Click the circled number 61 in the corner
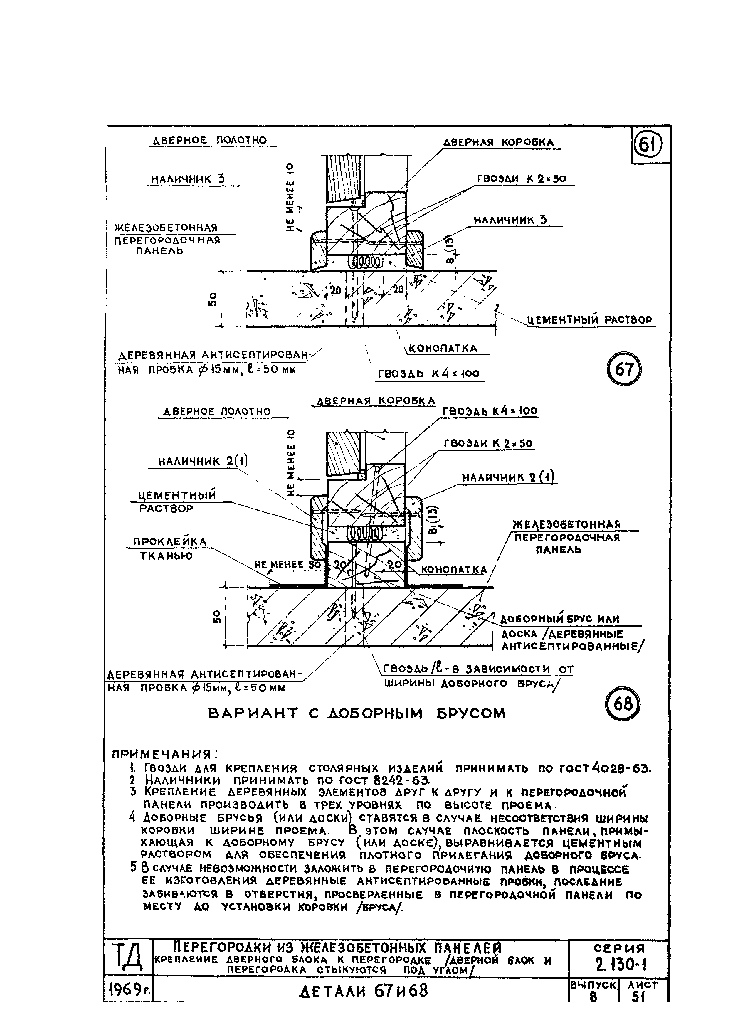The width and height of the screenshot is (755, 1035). click(x=650, y=147)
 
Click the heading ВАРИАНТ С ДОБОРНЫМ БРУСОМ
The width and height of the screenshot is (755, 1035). click(x=357, y=713)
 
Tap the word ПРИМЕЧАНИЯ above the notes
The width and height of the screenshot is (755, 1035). click(x=164, y=754)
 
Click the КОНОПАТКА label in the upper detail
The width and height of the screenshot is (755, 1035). click(x=442, y=349)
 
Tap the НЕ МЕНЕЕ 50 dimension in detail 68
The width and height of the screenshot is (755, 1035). click(x=288, y=565)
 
